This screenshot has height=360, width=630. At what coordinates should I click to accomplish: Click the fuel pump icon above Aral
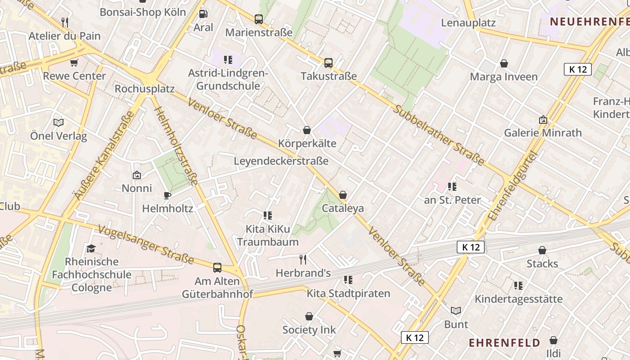[x=203, y=14]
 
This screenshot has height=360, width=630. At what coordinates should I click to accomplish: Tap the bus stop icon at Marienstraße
[x=259, y=19]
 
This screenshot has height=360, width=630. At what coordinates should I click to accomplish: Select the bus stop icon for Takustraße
[x=328, y=63]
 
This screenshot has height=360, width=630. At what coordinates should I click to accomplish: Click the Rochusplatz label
[x=144, y=89]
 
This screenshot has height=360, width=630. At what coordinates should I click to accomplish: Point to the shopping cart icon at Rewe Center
[x=74, y=63]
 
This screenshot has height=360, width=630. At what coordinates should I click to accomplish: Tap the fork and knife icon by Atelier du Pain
[x=65, y=22]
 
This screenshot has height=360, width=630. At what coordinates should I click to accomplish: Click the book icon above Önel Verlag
[x=58, y=122]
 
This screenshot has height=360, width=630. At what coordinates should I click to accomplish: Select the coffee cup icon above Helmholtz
[x=167, y=195]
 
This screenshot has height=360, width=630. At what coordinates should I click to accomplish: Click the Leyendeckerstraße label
[x=281, y=161]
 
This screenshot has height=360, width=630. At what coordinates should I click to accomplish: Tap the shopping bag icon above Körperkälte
[x=307, y=130]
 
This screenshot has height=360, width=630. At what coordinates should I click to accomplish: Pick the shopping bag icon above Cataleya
[x=343, y=195]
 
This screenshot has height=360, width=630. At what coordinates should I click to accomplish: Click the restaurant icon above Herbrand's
[x=303, y=259]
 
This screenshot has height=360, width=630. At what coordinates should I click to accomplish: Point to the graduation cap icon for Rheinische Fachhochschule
[x=91, y=248]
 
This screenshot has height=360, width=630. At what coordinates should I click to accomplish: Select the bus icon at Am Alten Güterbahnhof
[x=217, y=268]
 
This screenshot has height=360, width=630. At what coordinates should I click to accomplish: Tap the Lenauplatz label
[x=468, y=23]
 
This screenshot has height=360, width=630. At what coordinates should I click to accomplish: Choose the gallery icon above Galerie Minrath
[x=543, y=120]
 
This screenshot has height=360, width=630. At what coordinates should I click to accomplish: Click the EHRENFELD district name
[x=504, y=343]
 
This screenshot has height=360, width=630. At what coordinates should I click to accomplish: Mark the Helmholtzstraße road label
[x=176, y=140]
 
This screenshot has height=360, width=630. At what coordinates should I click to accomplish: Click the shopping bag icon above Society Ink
[x=309, y=317]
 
